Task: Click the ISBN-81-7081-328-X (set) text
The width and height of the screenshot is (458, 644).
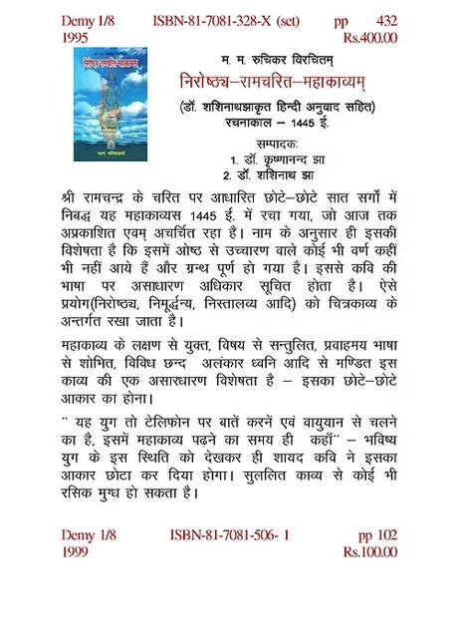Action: click(229, 20)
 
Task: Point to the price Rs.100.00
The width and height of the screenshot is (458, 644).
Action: click(369, 550)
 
